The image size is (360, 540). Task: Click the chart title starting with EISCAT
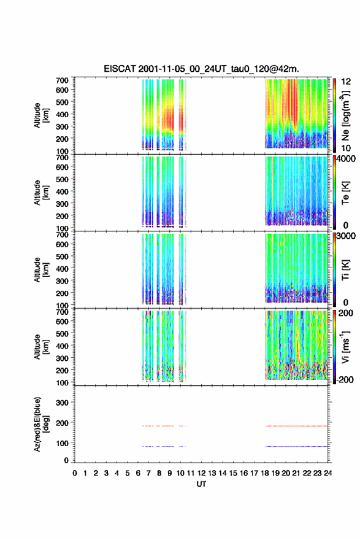201,69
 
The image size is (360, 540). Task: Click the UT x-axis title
201,484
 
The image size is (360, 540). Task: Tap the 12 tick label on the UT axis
202,473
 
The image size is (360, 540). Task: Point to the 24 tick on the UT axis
327,473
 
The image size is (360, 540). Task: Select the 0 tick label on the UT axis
75,473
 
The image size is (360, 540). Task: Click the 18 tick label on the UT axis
265,473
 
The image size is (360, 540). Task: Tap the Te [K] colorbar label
345,193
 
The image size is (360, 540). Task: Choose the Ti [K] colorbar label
345,270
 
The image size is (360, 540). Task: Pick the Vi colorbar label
345,347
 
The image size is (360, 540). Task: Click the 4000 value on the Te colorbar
347,159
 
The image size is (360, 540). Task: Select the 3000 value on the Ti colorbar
347,236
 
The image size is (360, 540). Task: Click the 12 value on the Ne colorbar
347,82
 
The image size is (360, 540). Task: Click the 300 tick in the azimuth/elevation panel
63,403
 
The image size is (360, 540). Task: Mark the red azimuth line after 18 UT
296,426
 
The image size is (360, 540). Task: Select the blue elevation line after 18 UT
296,446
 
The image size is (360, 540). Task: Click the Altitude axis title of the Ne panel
41,115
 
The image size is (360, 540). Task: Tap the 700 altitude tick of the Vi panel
63,312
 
